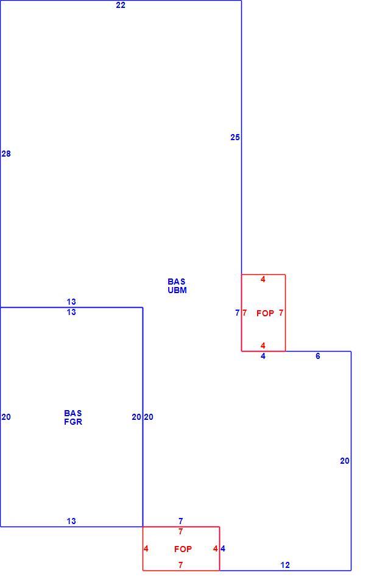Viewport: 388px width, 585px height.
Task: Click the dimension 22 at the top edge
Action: [121, 5]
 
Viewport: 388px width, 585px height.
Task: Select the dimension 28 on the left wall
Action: [6, 154]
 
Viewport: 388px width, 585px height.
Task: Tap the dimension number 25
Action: [235, 137]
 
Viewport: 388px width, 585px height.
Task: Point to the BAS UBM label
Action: [177, 286]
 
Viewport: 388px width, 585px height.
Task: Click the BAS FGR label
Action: [73, 417]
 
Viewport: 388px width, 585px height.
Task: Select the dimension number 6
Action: [318, 356]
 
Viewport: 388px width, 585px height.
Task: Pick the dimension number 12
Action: [285, 565]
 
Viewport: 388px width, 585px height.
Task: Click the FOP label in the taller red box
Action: [265, 313]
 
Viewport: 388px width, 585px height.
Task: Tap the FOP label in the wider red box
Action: [183, 549]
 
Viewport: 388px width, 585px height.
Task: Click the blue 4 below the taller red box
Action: [263, 356]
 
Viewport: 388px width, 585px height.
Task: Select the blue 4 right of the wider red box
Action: [223, 549]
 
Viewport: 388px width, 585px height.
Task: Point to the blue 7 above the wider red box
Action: [180, 521]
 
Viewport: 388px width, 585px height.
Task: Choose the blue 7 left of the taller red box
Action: [238, 313]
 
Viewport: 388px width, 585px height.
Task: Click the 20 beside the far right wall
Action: [345, 461]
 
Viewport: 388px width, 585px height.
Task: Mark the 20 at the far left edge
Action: [6, 417]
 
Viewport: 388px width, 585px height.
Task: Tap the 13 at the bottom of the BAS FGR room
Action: [71, 521]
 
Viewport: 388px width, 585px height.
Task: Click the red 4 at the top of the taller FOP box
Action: [263, 279]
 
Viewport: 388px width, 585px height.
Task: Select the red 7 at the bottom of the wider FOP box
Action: [180, 565]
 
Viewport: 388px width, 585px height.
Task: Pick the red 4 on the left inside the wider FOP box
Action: [146, 549]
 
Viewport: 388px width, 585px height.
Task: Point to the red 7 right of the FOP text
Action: [281, 313]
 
